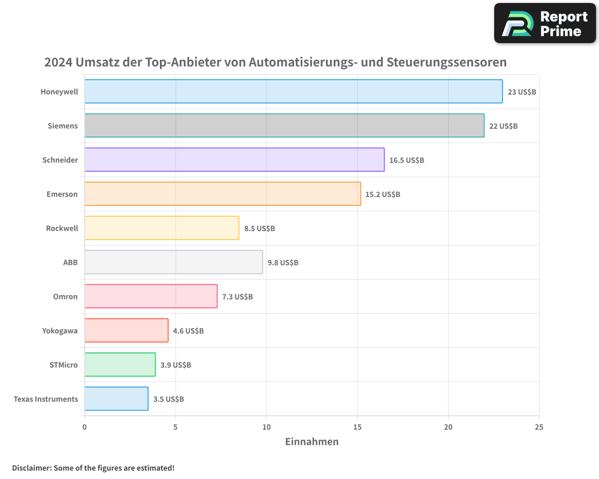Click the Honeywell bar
coord(294,92)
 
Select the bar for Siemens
coord(285,126)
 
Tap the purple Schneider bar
coord(234,160)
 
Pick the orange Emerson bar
coord(222,194)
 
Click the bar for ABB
coord(173,262)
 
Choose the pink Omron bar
coord(150,296)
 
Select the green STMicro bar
coord(120,365)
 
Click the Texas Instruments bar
coord(116,399)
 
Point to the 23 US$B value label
coord(522,92)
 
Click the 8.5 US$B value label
coord(259,228)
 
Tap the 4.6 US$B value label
coord(188,331)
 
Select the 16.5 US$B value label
coord(406,160)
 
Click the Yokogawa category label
coord(60,331)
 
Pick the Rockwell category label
coord(62,228)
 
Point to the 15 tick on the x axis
coord(357,427)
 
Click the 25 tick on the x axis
coord(539,427)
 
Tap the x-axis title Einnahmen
coord(311,442)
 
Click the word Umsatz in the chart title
coord(96,62)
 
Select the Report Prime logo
coord(545,23)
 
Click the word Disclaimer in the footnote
coord(31,468)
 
